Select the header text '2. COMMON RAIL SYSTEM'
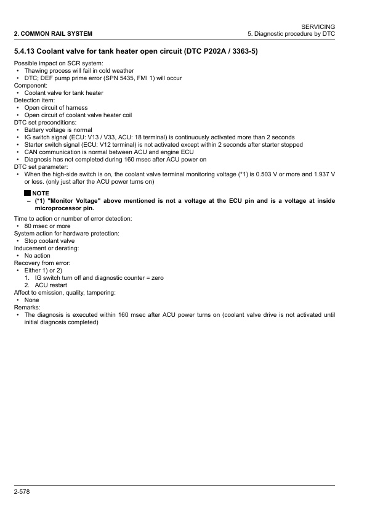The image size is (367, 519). click(x=49, y=33)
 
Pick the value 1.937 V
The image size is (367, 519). click(x=321, y=174)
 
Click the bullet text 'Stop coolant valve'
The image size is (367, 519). click(x=49, y=241)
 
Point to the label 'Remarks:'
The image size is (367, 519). click(x=27, y=307)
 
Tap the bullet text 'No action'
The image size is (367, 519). click(x=37, y=256)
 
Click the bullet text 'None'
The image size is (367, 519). click(x=32, y=300)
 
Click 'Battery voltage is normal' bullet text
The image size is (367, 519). click(x=58, y=130)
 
